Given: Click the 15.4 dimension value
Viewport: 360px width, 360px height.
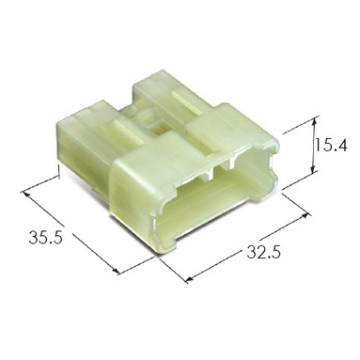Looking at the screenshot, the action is pyautogui.click(x=331, y=145).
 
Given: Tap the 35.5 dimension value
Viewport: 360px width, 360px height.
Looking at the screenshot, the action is pyautogui.click(x=46, y=237).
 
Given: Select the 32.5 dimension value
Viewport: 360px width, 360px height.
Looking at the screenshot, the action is pyautogui.click(x=263, y=252).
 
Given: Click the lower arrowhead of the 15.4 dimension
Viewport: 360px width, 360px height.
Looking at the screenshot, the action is pyautogui.click(x=313, y=169).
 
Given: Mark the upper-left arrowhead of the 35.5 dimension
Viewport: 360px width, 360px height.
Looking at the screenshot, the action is pyautogui.click(x=26, y=194).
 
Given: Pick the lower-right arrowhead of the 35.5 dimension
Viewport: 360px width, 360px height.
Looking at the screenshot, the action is pyautogui.click(x=116, y=270).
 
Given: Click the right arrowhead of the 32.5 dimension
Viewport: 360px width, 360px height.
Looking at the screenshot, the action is pyautogui.click(x=305, y=216).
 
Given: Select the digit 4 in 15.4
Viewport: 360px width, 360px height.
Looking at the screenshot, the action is pyautogui.click(x=341, y=145).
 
